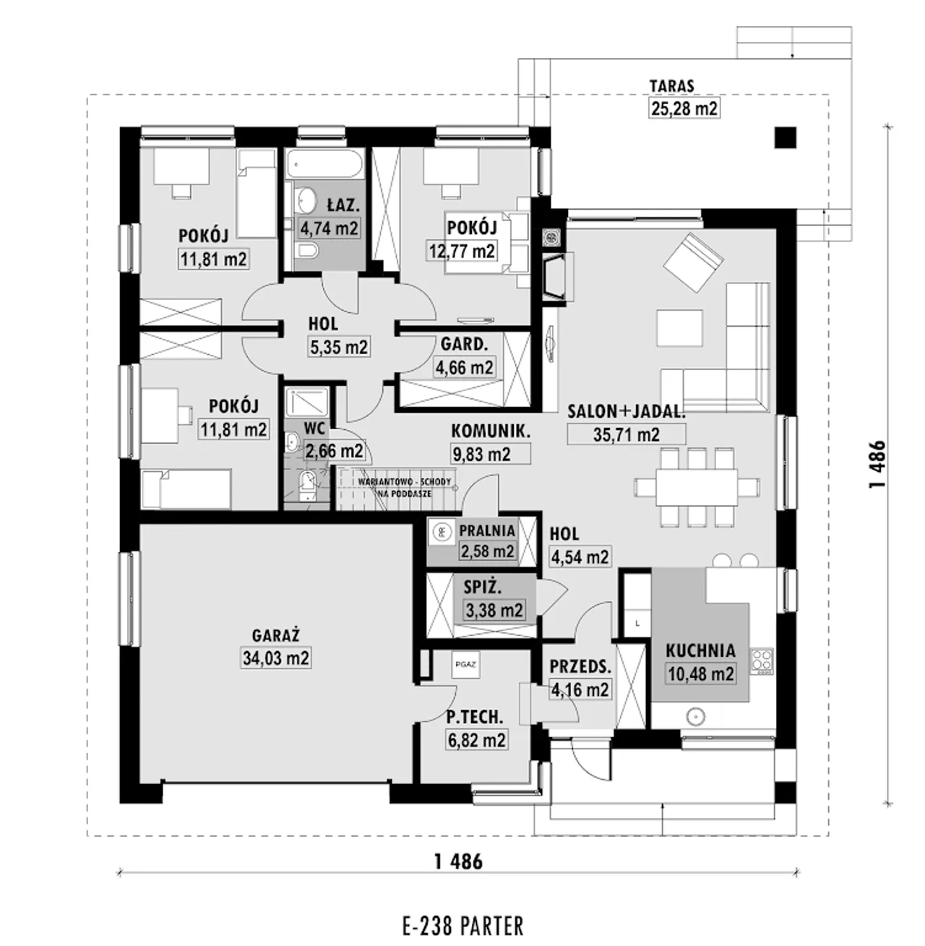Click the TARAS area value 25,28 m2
(x=684, y=108)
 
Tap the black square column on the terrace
(x=786, y=137)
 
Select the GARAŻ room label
(x=275, y=635)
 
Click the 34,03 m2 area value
(x=275, y=658)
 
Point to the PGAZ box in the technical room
(x=465, y=665)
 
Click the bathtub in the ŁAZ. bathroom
(x=325, y=164)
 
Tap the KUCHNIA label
(x=700, y=650)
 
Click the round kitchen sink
(x=695, y=716)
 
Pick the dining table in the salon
(x=697, y=486)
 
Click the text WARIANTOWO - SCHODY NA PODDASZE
(x=405, y=487)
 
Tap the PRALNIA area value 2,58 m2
(x=486, y=551)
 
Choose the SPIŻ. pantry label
(x=482, y=588)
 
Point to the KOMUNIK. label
(x=491, y=431)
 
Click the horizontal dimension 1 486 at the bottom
(x=459, y=861)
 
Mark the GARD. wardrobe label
(x=464, y=345)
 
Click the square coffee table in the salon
(x=679, y=329)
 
